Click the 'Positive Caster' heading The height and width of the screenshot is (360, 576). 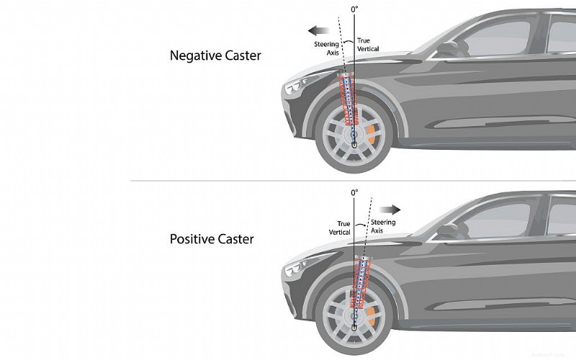[211, 238]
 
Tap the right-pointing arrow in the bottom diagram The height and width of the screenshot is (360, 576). [391, 209]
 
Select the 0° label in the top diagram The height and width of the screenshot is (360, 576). [354, 9]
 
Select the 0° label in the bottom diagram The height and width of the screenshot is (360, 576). [354, 193]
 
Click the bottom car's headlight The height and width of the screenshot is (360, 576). [294, 270]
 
